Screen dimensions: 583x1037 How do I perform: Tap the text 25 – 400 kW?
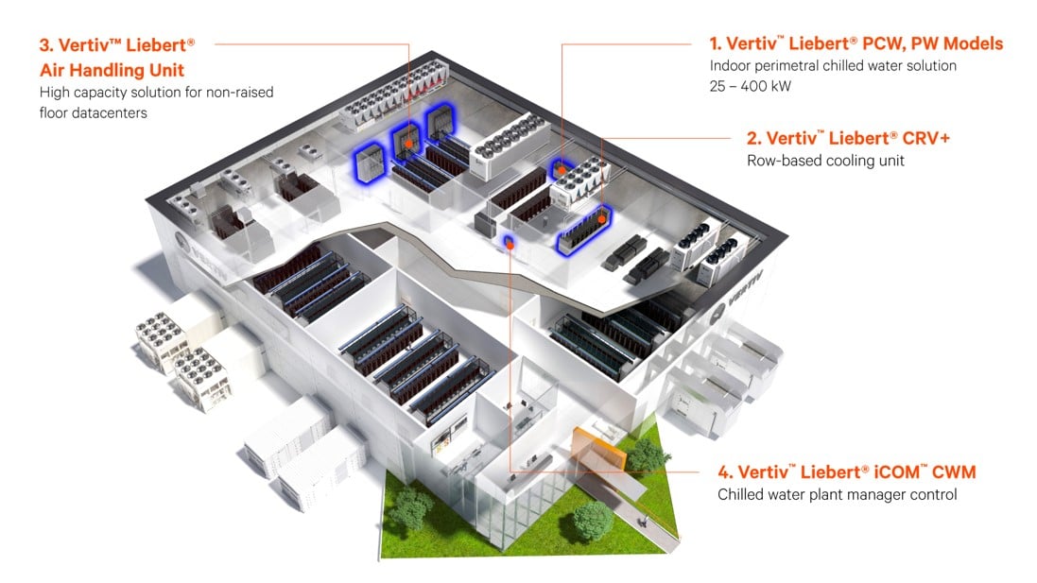(752, 86)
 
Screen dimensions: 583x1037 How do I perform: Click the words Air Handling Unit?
(112, 69)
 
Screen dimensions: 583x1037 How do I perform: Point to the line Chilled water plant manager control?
(837, 494)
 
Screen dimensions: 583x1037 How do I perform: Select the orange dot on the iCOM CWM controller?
(509, 243)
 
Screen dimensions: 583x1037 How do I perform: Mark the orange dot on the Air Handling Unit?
(408, 144)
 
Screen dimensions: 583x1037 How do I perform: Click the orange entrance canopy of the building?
(601, 443)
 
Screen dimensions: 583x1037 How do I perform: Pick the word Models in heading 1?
(977, 43)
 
